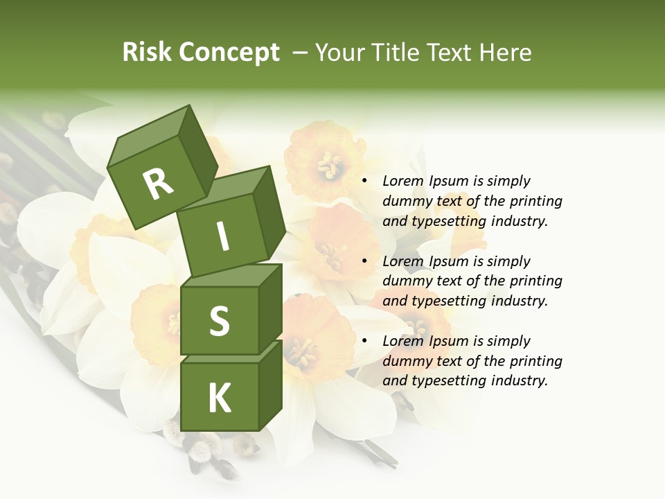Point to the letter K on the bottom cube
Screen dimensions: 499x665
click(x=219, y=399)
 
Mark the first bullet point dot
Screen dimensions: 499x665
click(x=365, y=182)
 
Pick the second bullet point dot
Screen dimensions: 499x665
click(x=365, y=261)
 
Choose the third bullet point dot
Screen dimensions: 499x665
click(x=365, y=341)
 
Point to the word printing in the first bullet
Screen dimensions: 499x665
click(x=535, y=201)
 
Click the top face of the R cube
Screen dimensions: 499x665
click(x=149, y=139)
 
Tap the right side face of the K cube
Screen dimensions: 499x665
click(x=270, y=385)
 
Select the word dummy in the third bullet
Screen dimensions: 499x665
click(x=406, y=361)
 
